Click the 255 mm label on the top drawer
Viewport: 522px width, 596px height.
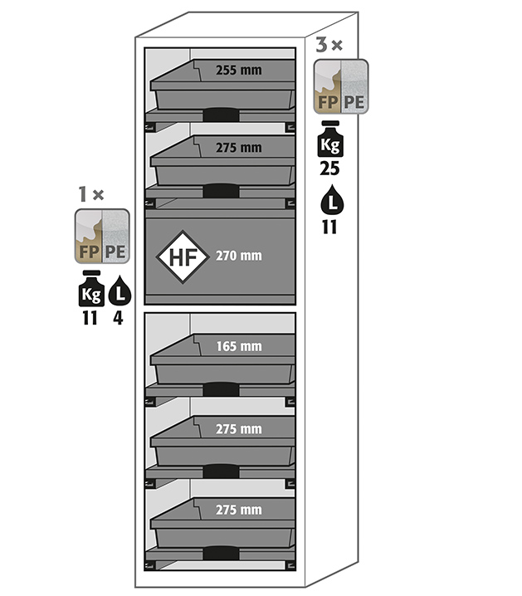[x=238, y=71]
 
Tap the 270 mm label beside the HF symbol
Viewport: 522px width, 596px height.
[x=238, y=256]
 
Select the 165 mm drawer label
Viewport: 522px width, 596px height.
[x=238, y=345]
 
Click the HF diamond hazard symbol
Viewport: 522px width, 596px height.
[x=183, y=256]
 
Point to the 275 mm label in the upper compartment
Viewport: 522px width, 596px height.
[x=238, y=149]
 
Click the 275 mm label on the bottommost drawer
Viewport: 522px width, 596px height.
[x=238, y=509]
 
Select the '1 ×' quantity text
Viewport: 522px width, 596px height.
[x=90, y=195]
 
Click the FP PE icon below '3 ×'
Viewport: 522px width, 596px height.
[x=340, y=86]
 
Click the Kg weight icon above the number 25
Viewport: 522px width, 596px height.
[x=329, y=141]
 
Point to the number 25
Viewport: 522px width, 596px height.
[x=329, y=169]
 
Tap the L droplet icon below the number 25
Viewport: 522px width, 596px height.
[x=329, y=201]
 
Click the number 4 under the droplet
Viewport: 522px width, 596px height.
[x=119, y=317]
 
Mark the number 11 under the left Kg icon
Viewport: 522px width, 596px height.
[x=90, y=317]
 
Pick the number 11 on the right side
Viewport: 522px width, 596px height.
[x=329, y=227]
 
